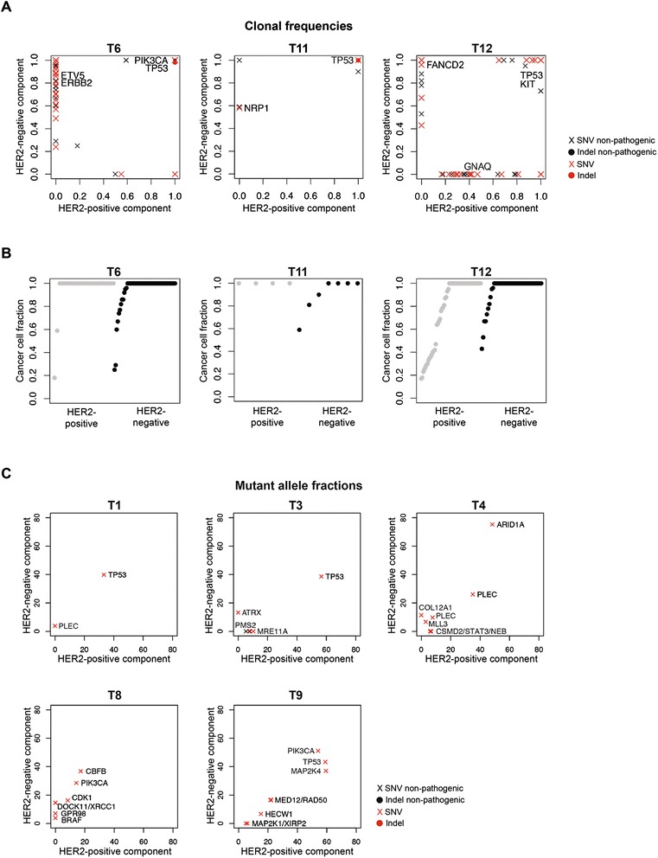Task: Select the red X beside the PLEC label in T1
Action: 55,625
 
